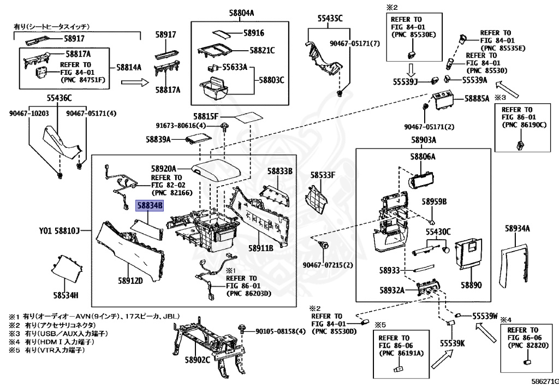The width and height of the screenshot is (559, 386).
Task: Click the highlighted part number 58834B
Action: pyautogui.click(x=150, y=205)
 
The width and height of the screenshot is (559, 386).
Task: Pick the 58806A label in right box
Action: pyautogui.click(x=423, y=157)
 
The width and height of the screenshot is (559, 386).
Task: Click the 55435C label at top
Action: pyautogui.click(x=330, y=18)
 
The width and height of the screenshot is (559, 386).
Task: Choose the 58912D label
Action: pyautogui.click(x=129, y=281)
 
